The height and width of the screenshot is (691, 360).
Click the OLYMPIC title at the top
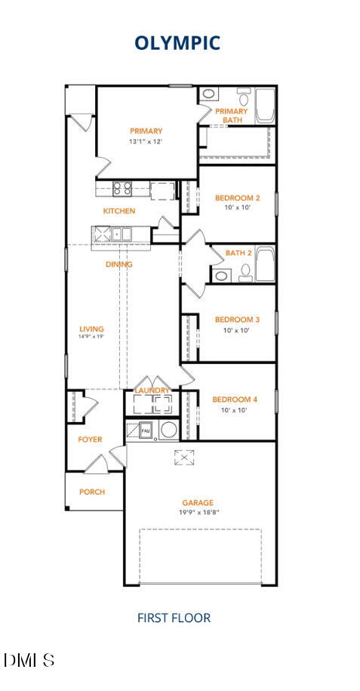point(177,43)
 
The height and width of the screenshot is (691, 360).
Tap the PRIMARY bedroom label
point(146,131)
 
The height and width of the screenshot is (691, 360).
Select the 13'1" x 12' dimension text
point(146,141)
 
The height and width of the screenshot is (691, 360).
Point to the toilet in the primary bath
point(244,98)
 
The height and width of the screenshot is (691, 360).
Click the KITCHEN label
point(119,211)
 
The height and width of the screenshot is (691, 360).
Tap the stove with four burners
point(123,189)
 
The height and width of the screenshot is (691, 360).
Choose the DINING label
point(118,264)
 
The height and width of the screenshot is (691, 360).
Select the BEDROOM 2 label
point(237,199)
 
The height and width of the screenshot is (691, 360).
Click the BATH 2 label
point(238,253)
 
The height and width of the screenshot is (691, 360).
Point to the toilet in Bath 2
point(245,273)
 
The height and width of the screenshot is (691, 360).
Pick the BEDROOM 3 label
point(237,319)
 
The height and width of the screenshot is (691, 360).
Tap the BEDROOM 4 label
point(235,399)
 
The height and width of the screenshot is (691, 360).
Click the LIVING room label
point(91,329)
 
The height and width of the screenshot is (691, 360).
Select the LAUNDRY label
point(152,390)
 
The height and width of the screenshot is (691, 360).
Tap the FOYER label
point(90,440)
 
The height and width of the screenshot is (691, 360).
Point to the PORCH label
point(92,492)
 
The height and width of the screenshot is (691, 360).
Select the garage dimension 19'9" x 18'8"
point(198,512)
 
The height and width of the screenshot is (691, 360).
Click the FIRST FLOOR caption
point(174,618)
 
